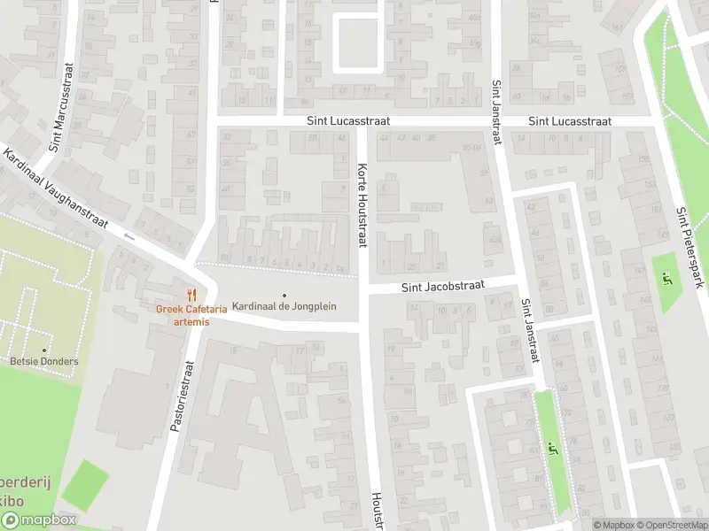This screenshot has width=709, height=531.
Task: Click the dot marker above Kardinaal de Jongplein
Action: pyautogui.click(x=284, y=295)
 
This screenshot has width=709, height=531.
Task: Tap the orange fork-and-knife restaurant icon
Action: pyautogui.click(x=191, y=295)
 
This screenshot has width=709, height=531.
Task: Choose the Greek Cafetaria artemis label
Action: pyautogui.click(x=191, y=315)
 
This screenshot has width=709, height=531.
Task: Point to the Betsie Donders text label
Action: pyautogui.click(x=44, y=361)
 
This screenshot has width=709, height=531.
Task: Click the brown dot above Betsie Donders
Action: pyautogui.click(x=44, y=350)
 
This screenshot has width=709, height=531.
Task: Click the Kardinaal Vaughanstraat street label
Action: pyautogui.click(x=55, y=189)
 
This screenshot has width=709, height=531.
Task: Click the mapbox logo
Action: pyautogui.click(x=39, y=520)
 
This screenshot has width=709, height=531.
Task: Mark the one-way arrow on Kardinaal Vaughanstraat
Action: pyautogui.click(x=130, y=235)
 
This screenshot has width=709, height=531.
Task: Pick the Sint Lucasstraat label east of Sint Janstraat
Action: pyautogui.click(x=570, y=121)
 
